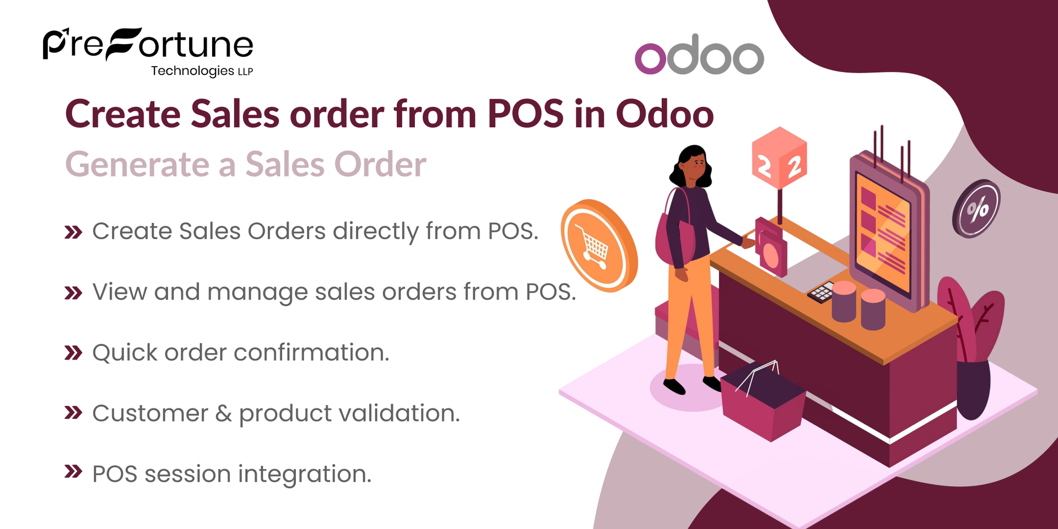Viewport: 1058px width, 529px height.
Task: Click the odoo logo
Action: [x=699, y=55]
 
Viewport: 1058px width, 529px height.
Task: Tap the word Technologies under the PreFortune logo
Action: [x=192, y=71]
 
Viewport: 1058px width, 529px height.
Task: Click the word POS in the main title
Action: [x=525, y=115]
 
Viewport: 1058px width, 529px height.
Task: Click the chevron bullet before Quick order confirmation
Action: [x=73, y=353]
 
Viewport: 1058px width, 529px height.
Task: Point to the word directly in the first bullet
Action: [x=375, y=231]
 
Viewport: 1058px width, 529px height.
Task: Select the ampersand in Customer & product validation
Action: [x=223, y=413]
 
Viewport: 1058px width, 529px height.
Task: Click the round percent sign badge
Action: [x=976, y=209]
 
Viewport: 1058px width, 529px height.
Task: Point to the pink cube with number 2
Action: [x=779, y=158]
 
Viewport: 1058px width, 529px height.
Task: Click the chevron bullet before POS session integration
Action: [x=73, y=472]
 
